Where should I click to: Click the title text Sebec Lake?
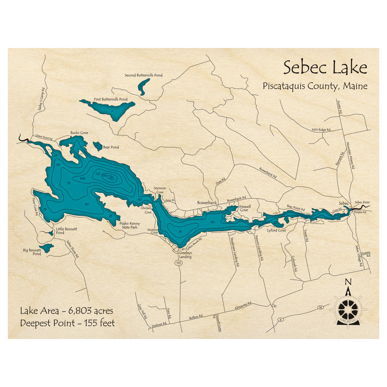pyautogui.click(x=325, y=68)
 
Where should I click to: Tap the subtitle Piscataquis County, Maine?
pyautogui.click(x=315, y=86)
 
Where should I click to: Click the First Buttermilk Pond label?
pyautogui.click(x=111, y=99)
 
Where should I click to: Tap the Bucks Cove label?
pyautogui.click(x=79, y=133)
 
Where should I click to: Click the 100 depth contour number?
pyautogui.click(x=82, y=178)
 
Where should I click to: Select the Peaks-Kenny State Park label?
pyautogui.click(x=130, y=226)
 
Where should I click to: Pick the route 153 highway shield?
pyautogui.click(x=178, y=262)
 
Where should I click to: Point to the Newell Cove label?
pyautogui.click(x=245, y=208)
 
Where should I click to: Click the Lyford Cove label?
pyautogui.click(x=276, y=230)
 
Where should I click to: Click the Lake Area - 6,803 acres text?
pyautogui.click(x=67, y=310)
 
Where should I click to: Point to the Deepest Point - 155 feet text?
pyautogui.click(x=67, y=323)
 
